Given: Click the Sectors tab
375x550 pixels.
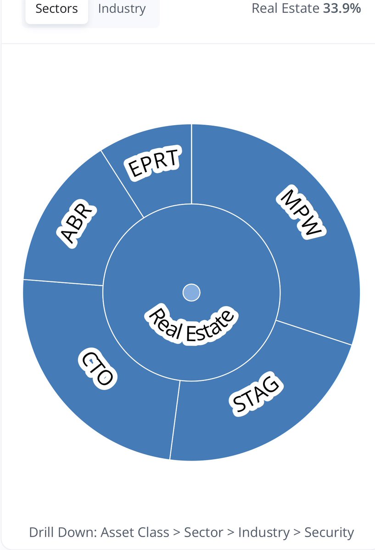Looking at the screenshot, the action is click(x=56, y=9).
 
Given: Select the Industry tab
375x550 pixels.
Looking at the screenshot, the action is click(x=122, y=9).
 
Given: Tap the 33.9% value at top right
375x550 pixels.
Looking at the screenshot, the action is click(x=342, y=8).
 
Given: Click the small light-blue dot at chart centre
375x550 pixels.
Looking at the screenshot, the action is click(x=191, y=292).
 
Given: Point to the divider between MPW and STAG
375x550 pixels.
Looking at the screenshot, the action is click(x=314, y=332).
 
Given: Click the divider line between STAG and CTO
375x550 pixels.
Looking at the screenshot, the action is click(x=174, y=419).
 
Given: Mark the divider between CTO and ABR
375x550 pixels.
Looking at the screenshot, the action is click(x=63, y=282).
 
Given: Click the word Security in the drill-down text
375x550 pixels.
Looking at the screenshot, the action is click(x=329, y=533).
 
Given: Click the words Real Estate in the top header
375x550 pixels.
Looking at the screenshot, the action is click(x=285, y=8).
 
